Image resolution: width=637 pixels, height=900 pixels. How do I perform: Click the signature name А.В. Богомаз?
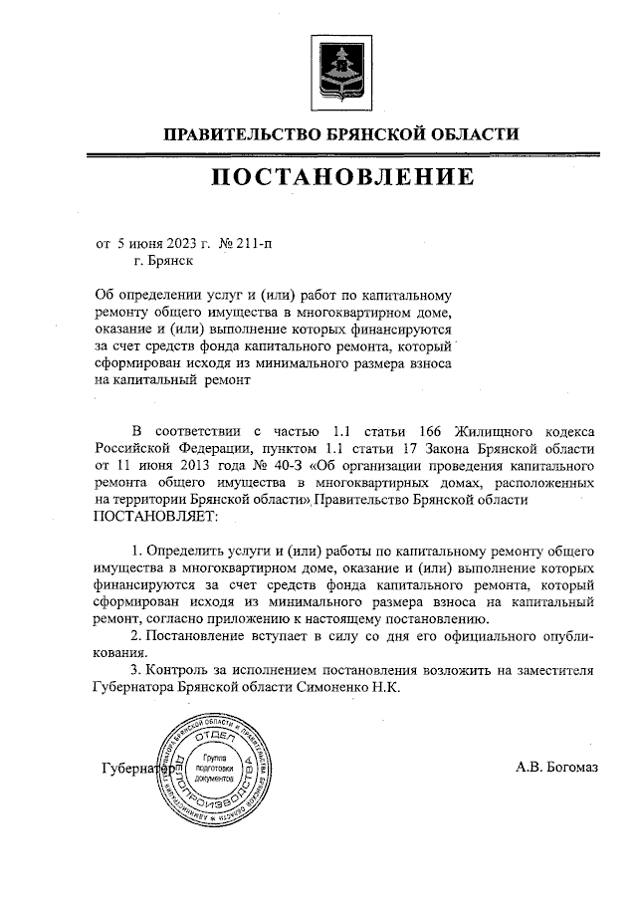[558, 768]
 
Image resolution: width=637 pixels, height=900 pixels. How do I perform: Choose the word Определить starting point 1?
[183, 551]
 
